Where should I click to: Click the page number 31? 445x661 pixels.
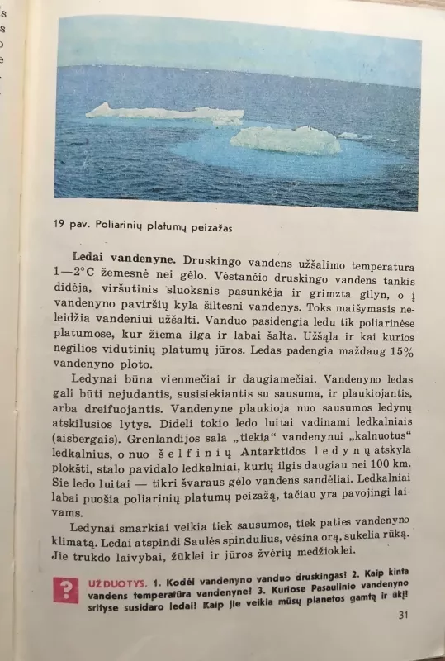click(x=403, y=615)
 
